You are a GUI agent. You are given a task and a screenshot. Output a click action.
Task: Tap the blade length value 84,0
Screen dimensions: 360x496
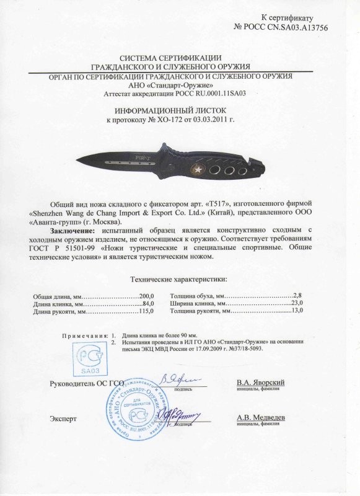tap(147, 304)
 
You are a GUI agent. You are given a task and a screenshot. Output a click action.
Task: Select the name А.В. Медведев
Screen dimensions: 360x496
tap(261, 418)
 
